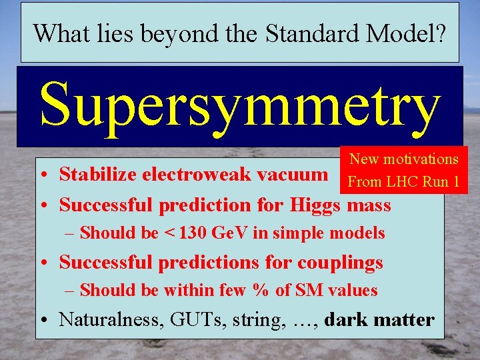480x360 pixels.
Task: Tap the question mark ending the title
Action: tap(441, 33)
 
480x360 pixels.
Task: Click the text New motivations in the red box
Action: tap(404, 159)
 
